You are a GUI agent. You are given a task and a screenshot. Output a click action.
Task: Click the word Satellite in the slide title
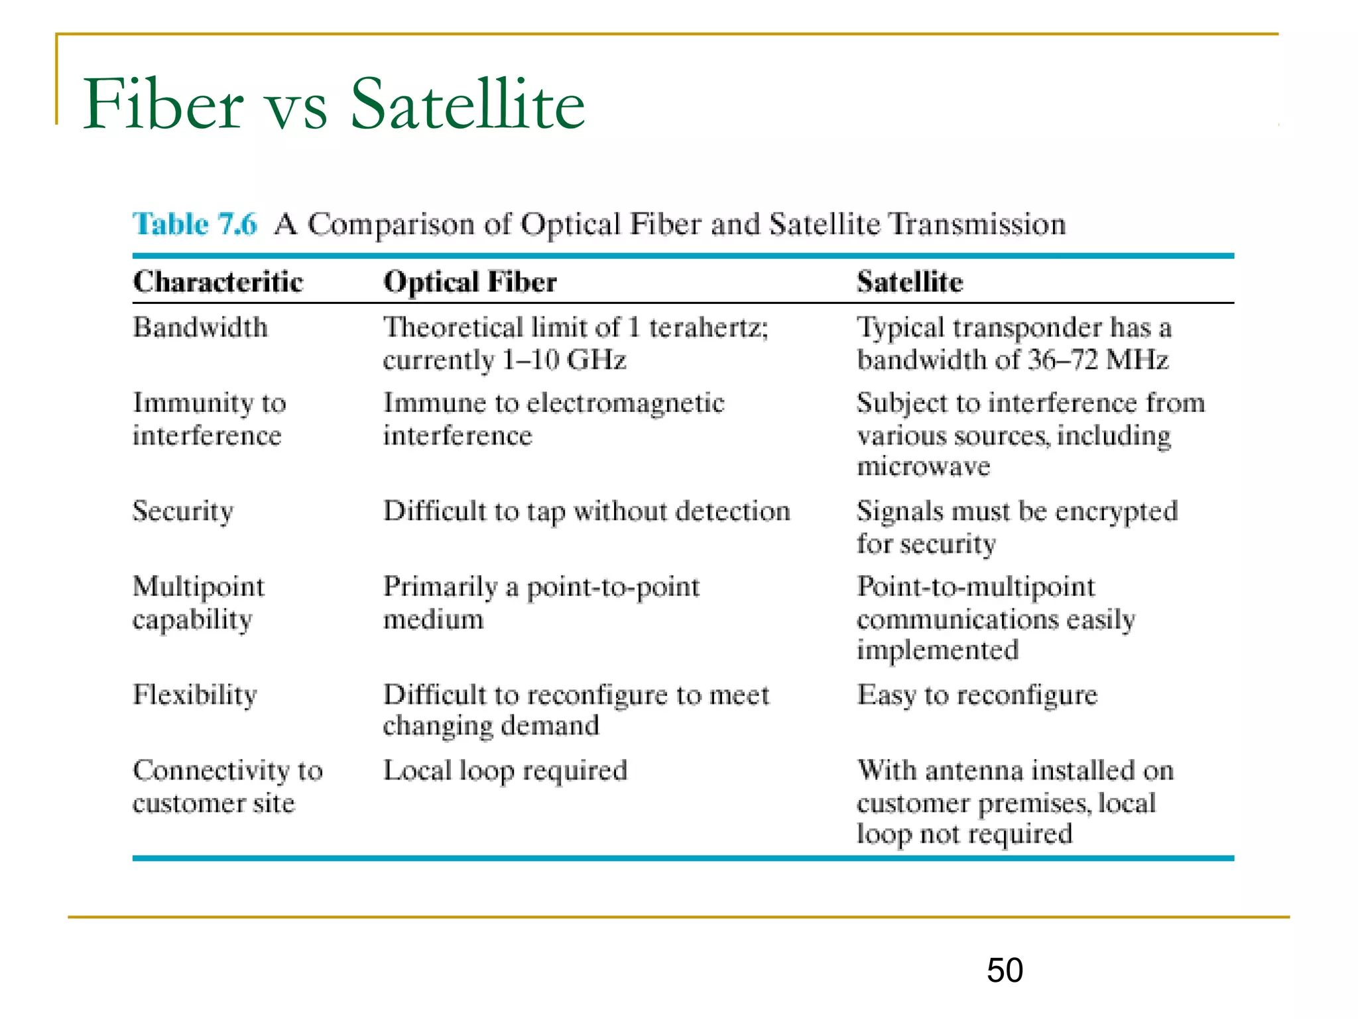click(x=467, y=104)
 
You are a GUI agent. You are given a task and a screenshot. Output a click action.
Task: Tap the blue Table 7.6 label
click(x=194, y=224)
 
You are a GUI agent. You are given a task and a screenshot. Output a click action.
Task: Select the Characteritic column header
click(x=218, y=282)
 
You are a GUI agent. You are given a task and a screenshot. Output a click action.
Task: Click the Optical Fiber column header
click(x=470, y=282)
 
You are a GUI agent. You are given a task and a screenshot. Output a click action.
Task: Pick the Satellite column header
click(x=910, y=282)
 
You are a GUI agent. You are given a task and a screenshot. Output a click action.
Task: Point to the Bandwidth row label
click(x=200, y=328)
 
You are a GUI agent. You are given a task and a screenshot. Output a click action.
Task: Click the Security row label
click(x=183, y=511)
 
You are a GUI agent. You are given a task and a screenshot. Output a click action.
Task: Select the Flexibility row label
click(x=195, y=695)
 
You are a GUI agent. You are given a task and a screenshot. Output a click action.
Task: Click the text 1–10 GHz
click(x=564, y=360)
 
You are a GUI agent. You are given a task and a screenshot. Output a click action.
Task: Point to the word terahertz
click(x=707, y=328)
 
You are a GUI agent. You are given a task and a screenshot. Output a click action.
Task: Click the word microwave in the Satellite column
click(x=923, y=467)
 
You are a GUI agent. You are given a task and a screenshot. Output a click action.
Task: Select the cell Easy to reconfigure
click(x=977, y=695)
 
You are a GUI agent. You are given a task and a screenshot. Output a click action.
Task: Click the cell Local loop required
click(x=505, y=771)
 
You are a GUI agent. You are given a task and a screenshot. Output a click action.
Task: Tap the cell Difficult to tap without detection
click(x=587, y=511)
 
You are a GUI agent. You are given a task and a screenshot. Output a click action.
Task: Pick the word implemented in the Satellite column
click(x=938, y=650)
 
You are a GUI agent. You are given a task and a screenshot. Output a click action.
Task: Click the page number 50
click(x=1005, y=971)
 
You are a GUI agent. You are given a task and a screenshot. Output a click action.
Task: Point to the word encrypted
click(x=1116, y=511)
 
